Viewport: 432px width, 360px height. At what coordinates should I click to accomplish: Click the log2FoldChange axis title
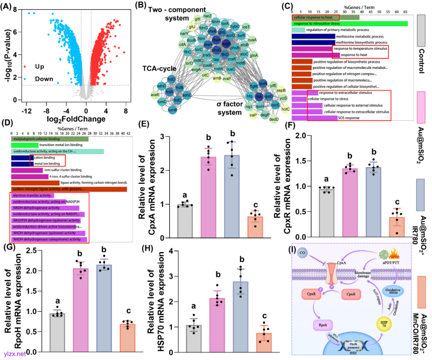[x=71, y=119]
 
